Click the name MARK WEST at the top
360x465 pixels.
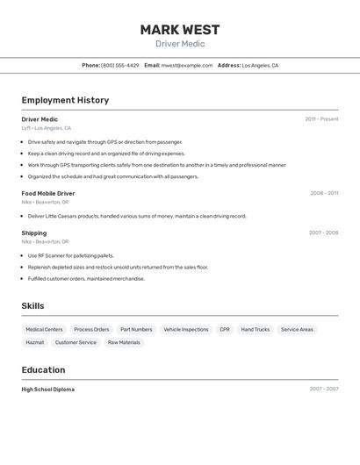pyautogui.click(x=180, y=30)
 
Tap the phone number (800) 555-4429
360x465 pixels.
pyautogui.click(x=119, y=65)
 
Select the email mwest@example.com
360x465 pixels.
pyautogui.click(x=187, y=65)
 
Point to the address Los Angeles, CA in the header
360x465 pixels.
pyautogui.click(x=260, y=65)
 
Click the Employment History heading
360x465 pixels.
pyautogui.click(x=65, y=100)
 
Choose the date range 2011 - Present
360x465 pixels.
pyautogui.click(x=321, y=119)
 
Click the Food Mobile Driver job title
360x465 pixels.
pyautogui.click(x=48, y=193)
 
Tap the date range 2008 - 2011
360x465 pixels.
pyautogui.click(x=324, y=193)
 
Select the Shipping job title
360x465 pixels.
pyautogui.click(x=34, y=232)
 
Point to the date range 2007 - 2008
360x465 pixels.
pyautogui.click(x=323, y=232)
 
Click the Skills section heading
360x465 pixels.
pyautogui.click(x=32, y=306)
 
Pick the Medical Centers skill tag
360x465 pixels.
pyautogui.click(x=44, y=330)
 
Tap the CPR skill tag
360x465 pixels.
pyautogui.click(x=225, y=330)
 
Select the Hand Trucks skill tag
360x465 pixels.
pyautogui.click(x=256, y=330)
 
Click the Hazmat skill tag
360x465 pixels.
pyautogui.click(x=35, y=342)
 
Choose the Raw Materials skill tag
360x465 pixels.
pyautogui.click(x=124, y=342)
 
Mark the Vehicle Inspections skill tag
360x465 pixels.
pyautogui.click(x=186, y=330)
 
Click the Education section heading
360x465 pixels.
pyautogui.click(x=43, y=369)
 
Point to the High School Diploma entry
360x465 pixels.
pyautogui.click(x=48, y=389)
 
